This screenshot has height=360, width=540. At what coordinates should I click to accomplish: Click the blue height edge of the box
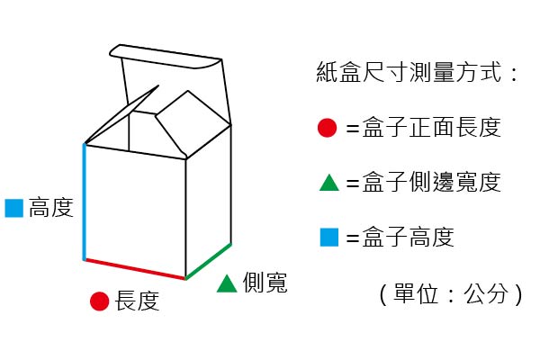coord(85,202)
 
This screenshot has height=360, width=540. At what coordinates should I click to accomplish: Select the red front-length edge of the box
coord(135,269)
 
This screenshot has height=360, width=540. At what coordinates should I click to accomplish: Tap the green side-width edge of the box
coord(209,262)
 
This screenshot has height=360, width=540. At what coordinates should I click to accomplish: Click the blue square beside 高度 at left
coord(13,208)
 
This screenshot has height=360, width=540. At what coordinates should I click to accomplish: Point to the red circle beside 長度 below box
coord(99,301)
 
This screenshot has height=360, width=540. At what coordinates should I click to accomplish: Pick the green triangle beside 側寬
coord(227,283)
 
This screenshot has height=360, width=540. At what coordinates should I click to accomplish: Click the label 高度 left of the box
coord(50,208)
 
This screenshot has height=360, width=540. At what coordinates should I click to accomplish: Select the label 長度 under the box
coord(137,301)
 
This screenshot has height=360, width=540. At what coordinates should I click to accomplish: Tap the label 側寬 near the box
coord(265,283)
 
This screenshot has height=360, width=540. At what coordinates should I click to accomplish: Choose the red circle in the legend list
coord(328,128)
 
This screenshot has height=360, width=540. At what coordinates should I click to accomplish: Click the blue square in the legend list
coord(328,238)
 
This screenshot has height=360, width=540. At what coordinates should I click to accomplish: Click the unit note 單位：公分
coord(450,293)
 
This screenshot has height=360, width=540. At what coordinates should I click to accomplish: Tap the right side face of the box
coord(209,198)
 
